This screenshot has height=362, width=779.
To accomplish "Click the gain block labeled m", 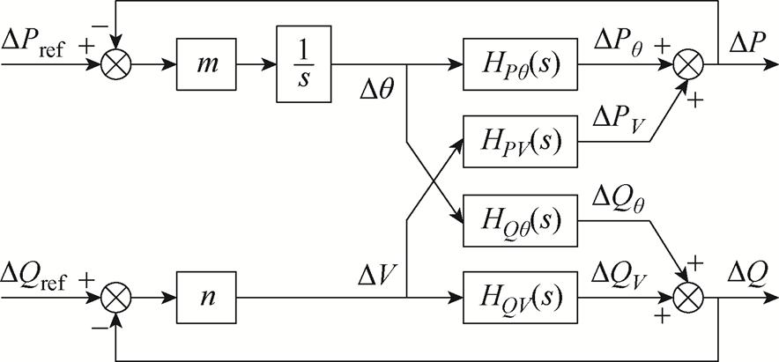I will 205,65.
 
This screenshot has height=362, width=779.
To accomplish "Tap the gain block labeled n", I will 205,297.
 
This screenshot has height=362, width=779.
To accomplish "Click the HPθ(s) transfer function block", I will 521,65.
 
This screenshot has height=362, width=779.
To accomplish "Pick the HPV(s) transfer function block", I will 521,141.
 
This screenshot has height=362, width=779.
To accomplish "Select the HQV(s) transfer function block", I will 521,297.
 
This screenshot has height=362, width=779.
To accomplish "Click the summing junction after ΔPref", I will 114,65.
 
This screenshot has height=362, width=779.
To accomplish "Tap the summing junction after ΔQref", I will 114,297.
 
